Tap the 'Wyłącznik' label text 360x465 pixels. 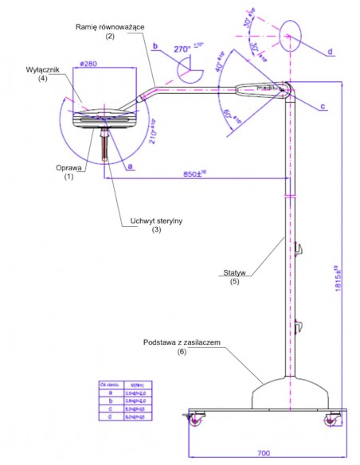click(31, 69)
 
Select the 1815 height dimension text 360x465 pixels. click(339, 275)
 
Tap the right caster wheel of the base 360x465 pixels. click(328, 423)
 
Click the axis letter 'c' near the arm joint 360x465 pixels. click(323, 105)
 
